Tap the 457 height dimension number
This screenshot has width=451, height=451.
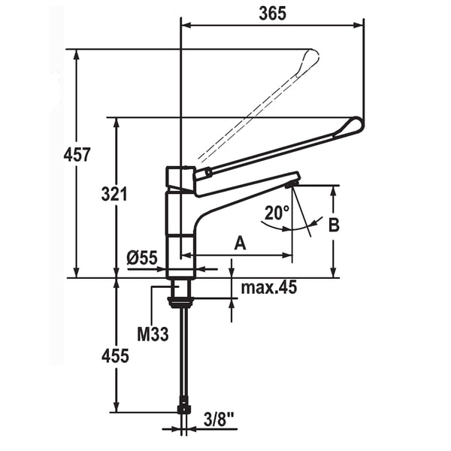[77, 155]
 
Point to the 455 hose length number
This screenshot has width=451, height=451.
[114, 358]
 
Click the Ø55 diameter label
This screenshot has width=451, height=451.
[142, 258]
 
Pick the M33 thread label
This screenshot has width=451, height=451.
[152, 333]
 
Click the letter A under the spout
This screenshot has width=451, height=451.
[240, 242]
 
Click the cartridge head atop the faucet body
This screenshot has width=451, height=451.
[179, 178]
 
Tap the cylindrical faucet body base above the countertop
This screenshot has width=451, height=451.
[180, 256]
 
